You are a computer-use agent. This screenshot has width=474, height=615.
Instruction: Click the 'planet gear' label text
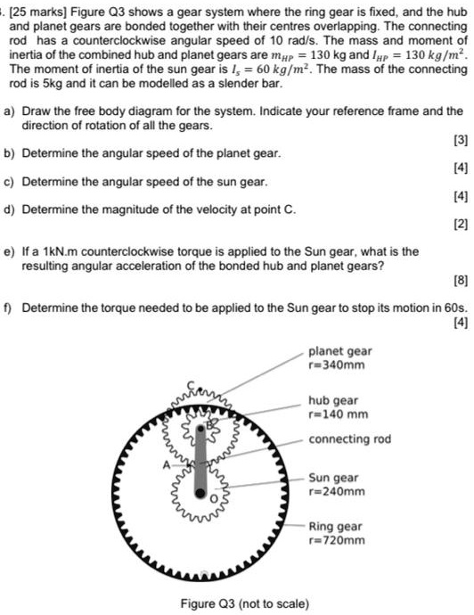[x=340, y=352]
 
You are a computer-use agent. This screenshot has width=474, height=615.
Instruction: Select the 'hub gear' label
[x=332, y=400]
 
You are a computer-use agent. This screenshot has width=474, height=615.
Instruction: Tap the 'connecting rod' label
[x=350, y=439]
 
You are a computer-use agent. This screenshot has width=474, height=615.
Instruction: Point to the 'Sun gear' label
[x=333, y=478]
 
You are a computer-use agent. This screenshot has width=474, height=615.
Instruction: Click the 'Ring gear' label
[x=335, y=526]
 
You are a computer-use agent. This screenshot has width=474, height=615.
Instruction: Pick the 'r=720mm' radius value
[x=337, y=539]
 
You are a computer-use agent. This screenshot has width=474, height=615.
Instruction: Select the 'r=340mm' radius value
[x=337, y=365]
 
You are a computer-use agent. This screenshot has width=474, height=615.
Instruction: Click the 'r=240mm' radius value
[x=337, y=491]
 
